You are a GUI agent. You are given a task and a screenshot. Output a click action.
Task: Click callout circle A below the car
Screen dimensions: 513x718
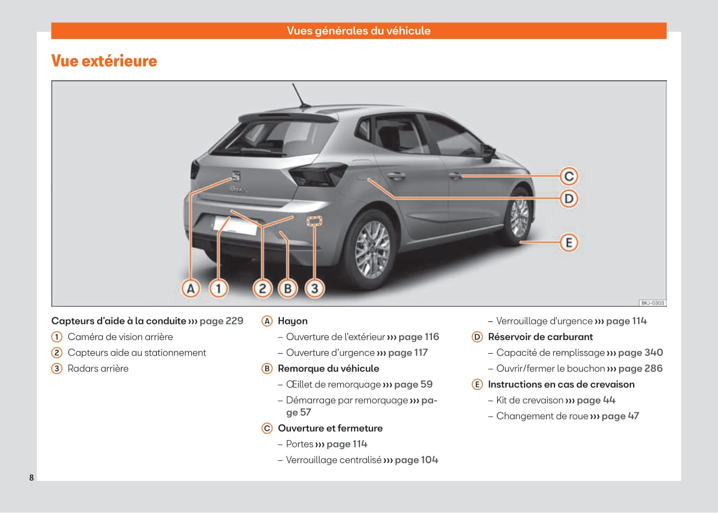click(x=191, y=288)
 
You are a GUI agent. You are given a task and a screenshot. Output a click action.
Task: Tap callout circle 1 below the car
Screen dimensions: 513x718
click(x=218, y=288)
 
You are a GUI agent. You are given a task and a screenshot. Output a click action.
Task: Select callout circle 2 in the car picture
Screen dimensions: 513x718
click(x=263, y=288)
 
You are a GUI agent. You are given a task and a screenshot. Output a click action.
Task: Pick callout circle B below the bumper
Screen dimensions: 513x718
click(x=288, y=288)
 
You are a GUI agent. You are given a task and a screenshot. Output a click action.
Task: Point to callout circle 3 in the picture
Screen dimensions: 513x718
click(x=315, y=288)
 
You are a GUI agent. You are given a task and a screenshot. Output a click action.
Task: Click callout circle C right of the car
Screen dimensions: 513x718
click(x=569, y=176)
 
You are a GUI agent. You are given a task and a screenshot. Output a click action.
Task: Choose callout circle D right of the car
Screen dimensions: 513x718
click(x=569, y=198)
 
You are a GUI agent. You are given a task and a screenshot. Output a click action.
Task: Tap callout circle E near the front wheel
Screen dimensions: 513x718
click(x=569, y=242)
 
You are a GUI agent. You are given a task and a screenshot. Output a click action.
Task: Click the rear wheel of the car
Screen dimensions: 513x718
click(x=372, y=245)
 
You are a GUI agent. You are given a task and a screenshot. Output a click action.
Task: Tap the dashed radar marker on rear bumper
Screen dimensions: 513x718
click(x=315, y=221)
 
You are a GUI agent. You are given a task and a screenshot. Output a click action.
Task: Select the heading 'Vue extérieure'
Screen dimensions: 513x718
click(x=104, y=61)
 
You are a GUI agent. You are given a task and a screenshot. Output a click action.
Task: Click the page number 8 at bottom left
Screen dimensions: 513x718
click(x=31, y=478)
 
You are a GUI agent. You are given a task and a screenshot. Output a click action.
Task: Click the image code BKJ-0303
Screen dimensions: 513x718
click(x=652, y=303)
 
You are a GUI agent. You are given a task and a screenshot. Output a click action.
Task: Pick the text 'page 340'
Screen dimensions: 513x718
click(x=640, y=353)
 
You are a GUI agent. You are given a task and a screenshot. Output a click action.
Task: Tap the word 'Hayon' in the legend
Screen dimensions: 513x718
click(x=292, y=321)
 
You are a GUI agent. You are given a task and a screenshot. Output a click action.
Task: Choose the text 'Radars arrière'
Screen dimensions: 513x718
click(x=98, y=368)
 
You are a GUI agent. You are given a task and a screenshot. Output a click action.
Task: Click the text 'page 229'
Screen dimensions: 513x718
click(x=221, y=321)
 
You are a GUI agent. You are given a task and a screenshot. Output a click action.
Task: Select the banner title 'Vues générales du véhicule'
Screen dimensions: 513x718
click(x=358, y=31)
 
